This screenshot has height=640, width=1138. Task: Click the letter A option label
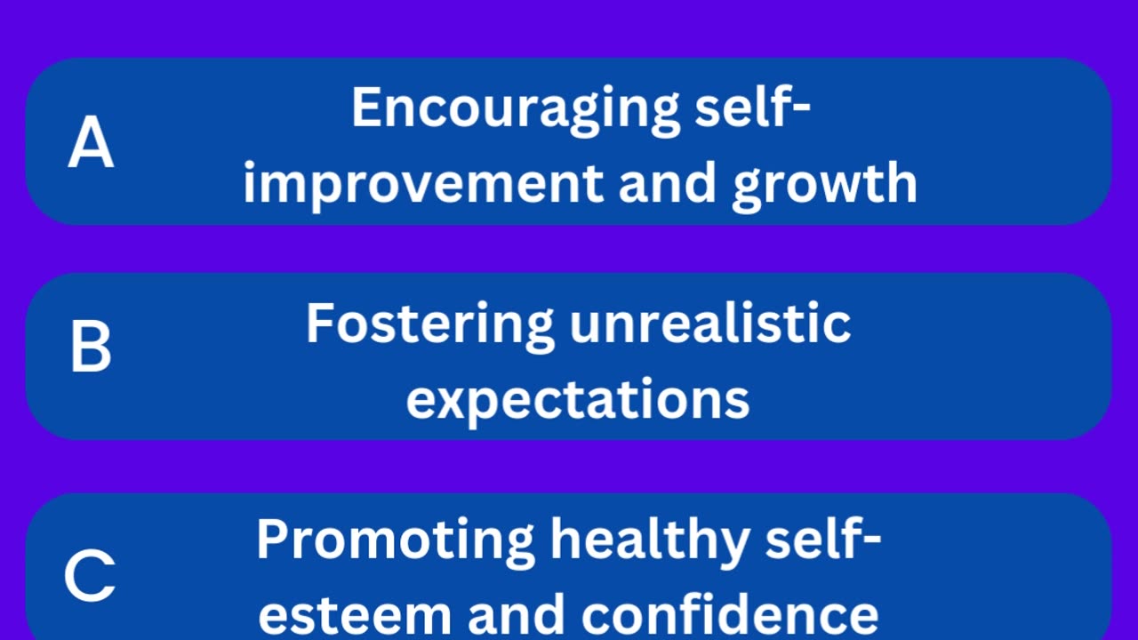pyautogui.click(x=91, y=141)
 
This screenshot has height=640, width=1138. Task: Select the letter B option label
pyautogui.click(x=91, y=348)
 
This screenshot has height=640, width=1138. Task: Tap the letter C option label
pyautogui.click(x=90, y=575)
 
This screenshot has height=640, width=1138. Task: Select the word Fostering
pyautogui.click(x=429, y=326)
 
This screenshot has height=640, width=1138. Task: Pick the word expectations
pyautogui.click(x=578, y=402)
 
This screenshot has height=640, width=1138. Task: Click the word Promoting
pyautogui.click(x=396, y=542)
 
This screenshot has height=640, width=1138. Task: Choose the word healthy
pyautogui.click(x=650, y=542)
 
